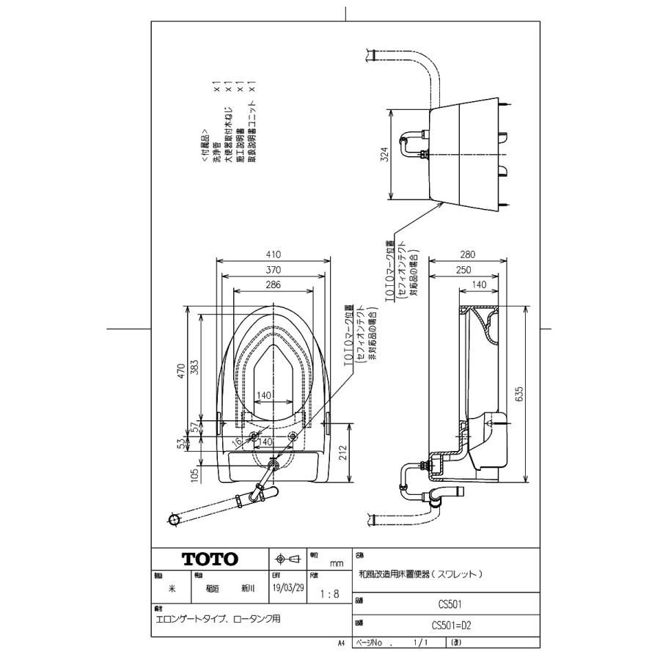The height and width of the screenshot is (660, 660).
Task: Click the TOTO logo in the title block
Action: pyautogui.click(x=210, y=560)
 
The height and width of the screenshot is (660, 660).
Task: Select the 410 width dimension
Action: pyautogui.click(x=274, y=255)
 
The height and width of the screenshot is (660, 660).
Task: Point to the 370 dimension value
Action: pyautogui.click(x=274, y=270)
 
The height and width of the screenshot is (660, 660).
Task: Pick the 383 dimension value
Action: pyautogui.click(x=194, y=367)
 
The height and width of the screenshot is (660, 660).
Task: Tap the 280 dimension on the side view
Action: pyautogui.click(x=468, y=255)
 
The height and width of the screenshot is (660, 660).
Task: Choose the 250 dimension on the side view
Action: pyautogui.click(x=463, y=270)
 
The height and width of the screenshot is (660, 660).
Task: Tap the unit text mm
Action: pyautogui.click(x=337, y=563)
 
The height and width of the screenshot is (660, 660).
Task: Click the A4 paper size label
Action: pyautogui.click(x=341, y=642)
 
